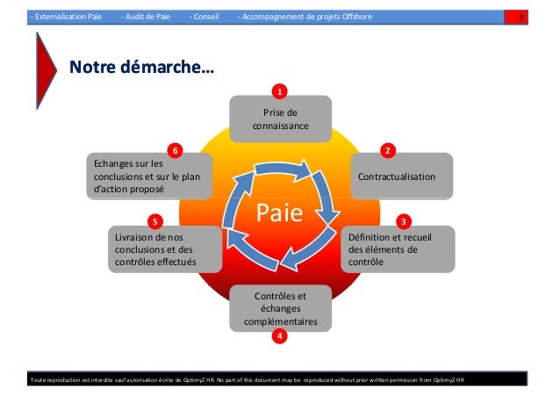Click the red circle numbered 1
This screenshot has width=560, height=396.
click(279, 91)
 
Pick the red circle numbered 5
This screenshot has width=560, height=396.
click(155, 220)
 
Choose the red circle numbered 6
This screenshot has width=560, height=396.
click(176, 151)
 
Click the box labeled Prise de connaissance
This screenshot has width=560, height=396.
click(280, 119)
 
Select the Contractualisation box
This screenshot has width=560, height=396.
click(402, 176)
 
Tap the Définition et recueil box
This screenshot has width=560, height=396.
click(400, 249)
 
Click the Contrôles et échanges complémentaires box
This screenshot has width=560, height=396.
click(280, 309)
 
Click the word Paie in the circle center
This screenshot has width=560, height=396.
click(278, 212)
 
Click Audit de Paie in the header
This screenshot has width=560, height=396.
click(147, 17)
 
